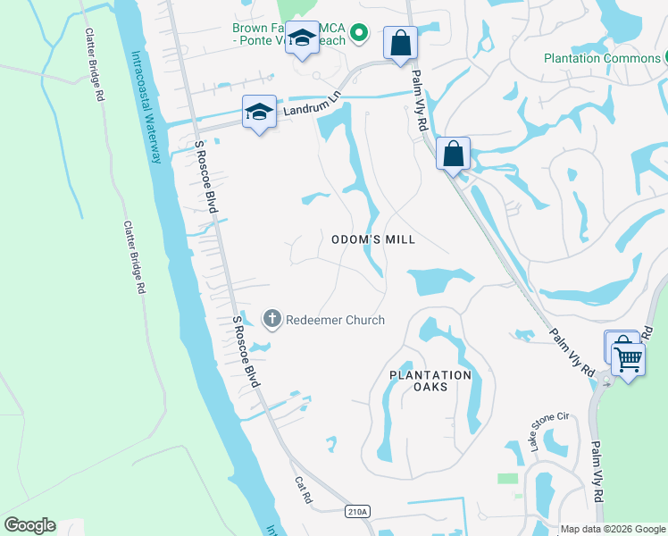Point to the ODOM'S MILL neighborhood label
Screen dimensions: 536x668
pos(373,239)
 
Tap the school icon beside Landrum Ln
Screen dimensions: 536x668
pos(259,113)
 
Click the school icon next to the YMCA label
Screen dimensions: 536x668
pos(303,38)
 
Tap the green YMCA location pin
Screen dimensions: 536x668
pos(358,34)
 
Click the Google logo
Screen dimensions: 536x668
pos(29,525)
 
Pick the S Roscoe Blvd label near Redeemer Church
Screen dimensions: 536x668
pos(247,350)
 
